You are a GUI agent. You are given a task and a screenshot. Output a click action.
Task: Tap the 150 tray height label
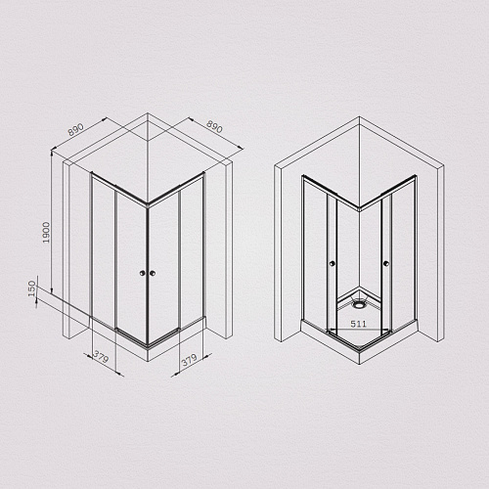34,292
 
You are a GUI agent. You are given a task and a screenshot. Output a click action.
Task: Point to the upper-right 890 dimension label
217,129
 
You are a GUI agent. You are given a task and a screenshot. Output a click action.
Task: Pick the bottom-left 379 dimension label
100,358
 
